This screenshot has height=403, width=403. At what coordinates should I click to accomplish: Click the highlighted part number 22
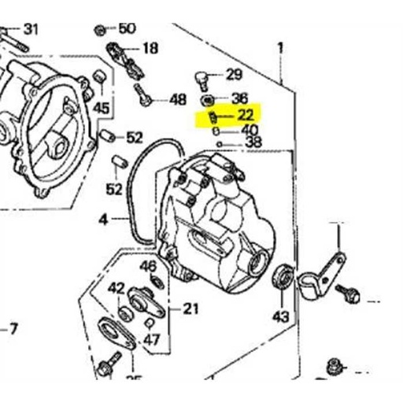coord(246,116)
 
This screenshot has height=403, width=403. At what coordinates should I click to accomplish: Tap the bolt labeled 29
coord(202,77)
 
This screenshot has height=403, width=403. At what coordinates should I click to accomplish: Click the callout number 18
coord(150,47)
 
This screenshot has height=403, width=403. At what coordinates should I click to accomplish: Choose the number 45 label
coord(102,108)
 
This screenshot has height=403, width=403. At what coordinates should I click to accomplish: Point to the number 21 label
coord(190,309)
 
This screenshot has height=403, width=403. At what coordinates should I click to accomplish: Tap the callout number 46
coord(148,265)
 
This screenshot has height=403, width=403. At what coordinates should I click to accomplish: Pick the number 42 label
coord(116,287)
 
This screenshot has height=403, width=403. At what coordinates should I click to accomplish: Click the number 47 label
coord(151,341)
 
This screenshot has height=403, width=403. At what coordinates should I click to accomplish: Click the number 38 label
coord(253,142)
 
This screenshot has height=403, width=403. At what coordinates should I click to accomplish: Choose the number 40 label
coord(249,130)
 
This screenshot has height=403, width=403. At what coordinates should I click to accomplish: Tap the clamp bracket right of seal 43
coord(321,269)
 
